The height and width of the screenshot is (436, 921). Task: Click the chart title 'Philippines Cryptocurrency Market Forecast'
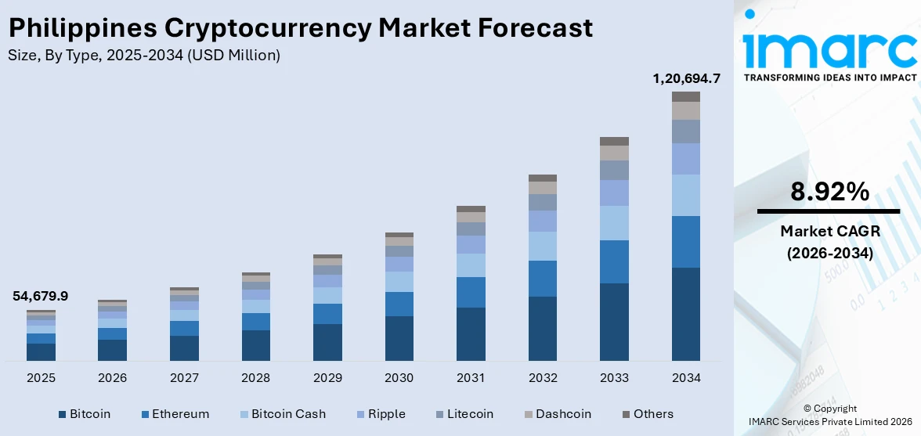300,28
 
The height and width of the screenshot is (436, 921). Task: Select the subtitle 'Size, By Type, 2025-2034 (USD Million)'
143,55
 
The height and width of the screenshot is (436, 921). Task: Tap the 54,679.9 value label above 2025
41,296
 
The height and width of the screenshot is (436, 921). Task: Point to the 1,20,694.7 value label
686,78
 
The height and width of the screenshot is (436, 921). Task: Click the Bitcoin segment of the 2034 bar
686,313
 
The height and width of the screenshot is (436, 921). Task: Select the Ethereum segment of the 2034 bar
686,241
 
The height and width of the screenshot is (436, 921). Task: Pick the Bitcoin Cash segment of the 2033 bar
614,222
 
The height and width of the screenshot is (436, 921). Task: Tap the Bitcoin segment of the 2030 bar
399,338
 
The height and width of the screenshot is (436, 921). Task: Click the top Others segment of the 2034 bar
686,96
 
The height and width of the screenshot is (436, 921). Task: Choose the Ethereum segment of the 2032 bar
542,278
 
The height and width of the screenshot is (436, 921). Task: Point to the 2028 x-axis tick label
255,378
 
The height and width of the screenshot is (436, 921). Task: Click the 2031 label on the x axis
471,378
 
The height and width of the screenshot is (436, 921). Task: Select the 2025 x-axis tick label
41,378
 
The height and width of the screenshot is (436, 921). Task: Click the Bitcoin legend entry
84,414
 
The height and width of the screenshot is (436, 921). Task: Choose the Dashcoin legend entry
556,414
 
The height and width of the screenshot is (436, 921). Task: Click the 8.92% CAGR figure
829,192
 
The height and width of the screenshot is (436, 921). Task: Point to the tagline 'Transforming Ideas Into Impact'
829,77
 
